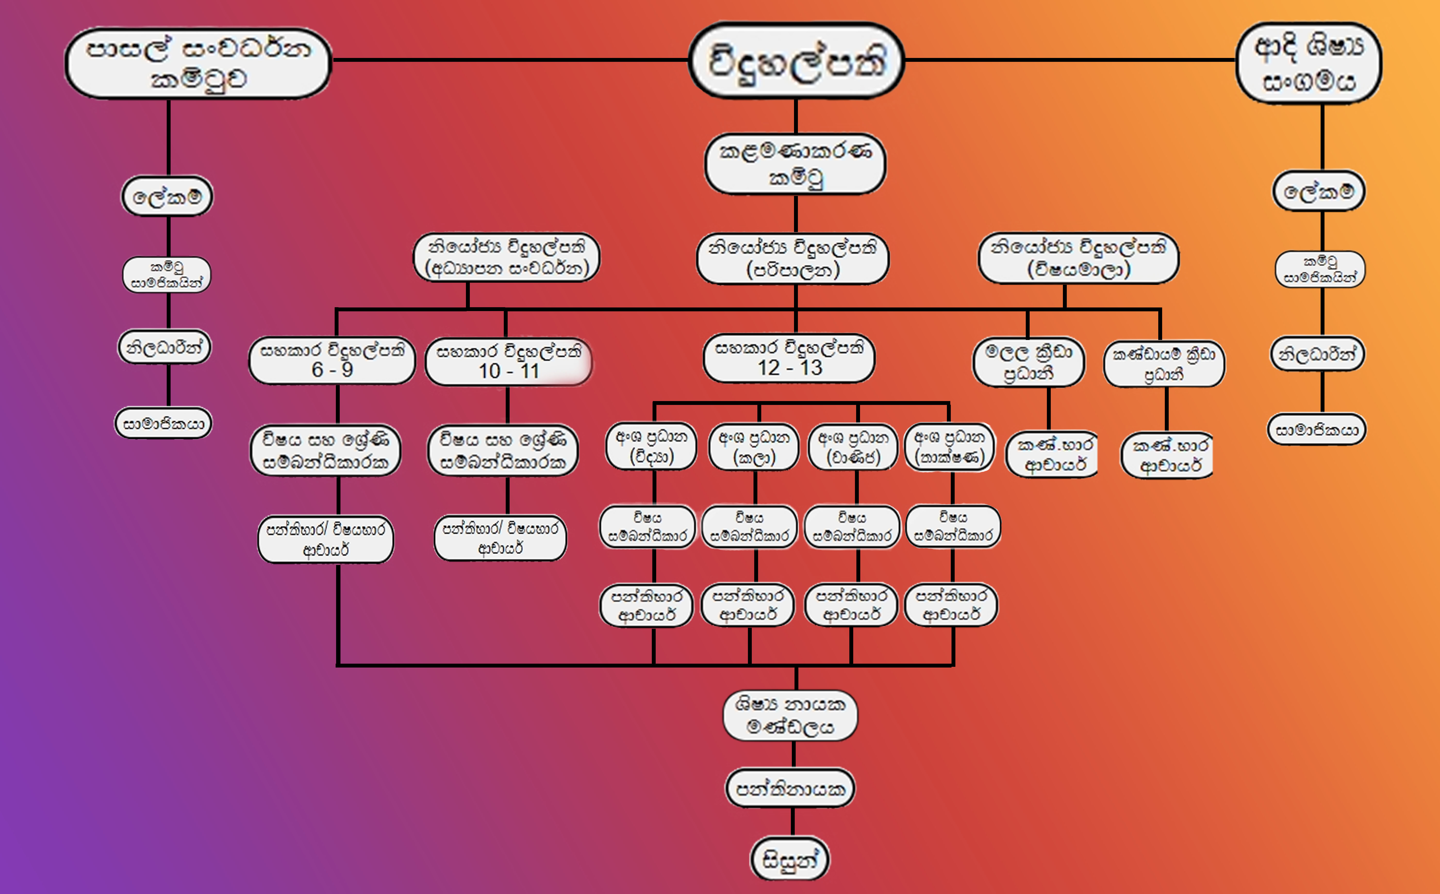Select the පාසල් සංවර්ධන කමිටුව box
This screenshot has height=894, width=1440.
[198, 63]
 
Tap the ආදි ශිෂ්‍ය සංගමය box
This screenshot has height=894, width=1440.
[1309, 63]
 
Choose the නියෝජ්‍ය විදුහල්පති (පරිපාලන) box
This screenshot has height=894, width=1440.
[793, 258]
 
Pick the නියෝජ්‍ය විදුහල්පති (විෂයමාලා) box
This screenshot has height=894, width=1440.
[1078, 258]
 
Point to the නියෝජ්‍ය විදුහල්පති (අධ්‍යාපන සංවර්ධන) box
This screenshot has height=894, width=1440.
[506, 257]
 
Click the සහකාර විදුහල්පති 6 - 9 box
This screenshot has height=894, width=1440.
[332, 360]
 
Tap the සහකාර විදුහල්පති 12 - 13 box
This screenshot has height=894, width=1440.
[789, 358]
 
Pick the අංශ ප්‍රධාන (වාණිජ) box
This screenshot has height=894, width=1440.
[853, 446]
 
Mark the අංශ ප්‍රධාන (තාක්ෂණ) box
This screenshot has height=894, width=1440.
[950, 446]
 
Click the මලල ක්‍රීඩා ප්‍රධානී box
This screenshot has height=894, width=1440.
[1028, 362]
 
